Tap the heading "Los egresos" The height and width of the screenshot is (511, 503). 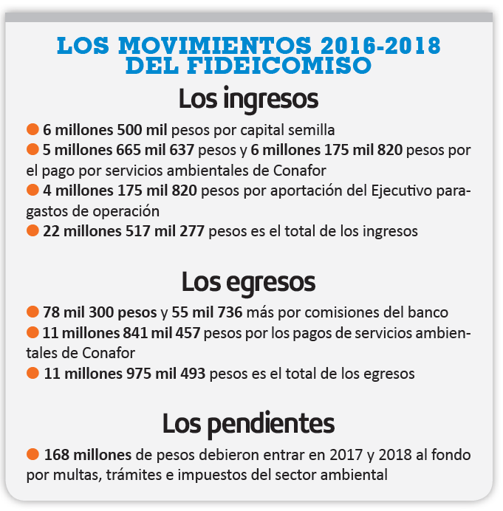tap(248, 281)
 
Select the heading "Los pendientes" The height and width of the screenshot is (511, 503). tap(248, 423)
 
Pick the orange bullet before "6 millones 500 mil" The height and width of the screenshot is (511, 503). tap(32, 128)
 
